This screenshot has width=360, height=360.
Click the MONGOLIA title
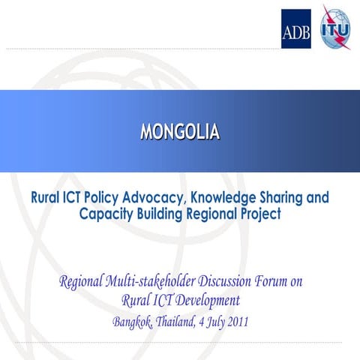(x=180, y=132)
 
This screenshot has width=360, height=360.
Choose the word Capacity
(x=106, y=214)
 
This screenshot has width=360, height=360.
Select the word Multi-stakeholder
(x=155, y=283)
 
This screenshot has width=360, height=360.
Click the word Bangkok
(x=132, y=322)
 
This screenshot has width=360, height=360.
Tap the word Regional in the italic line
(x=80, y=283)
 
